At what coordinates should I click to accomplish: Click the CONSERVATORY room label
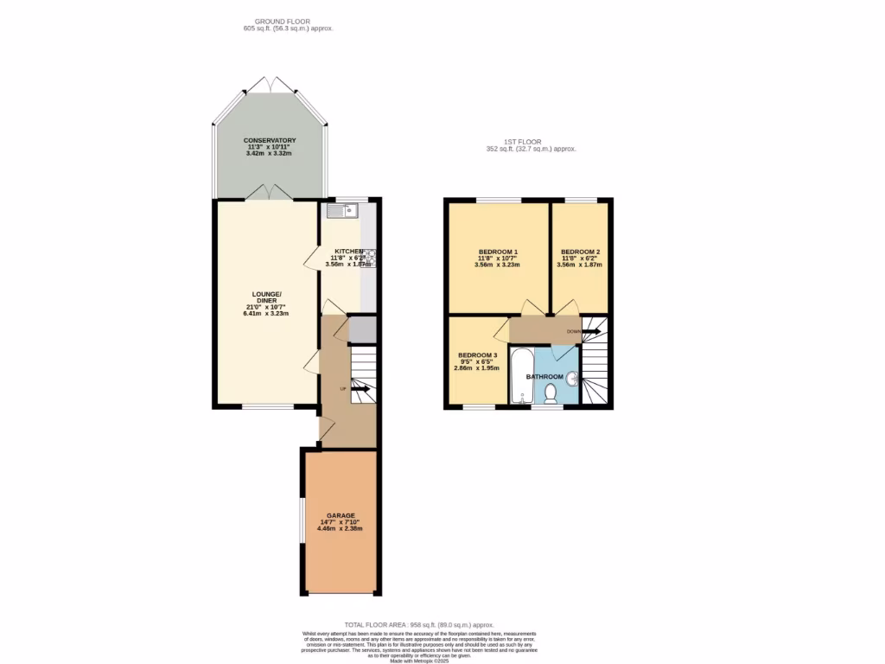(270, 140)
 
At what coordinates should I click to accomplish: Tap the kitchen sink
(343, 210)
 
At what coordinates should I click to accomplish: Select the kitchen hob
(368, 255)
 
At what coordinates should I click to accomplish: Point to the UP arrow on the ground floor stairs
(360, 389)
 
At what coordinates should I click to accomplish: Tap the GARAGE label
(340, 515)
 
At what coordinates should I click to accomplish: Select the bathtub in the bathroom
(521, 376)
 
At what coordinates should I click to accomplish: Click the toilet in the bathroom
(551, 393)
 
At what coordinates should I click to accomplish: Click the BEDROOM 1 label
(497, 252)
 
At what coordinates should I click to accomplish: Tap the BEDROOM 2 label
(580, 252)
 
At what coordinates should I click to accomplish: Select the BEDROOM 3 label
(477, 355)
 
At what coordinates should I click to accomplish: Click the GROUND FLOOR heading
(282, 22)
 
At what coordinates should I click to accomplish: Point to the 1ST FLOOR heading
(522, 142)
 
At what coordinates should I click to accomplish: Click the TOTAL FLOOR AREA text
(418, 624)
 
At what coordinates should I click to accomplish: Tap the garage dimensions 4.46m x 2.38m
(340, 528)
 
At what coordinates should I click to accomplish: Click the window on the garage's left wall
(302, 521)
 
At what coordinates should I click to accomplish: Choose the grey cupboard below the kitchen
(362, 329)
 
